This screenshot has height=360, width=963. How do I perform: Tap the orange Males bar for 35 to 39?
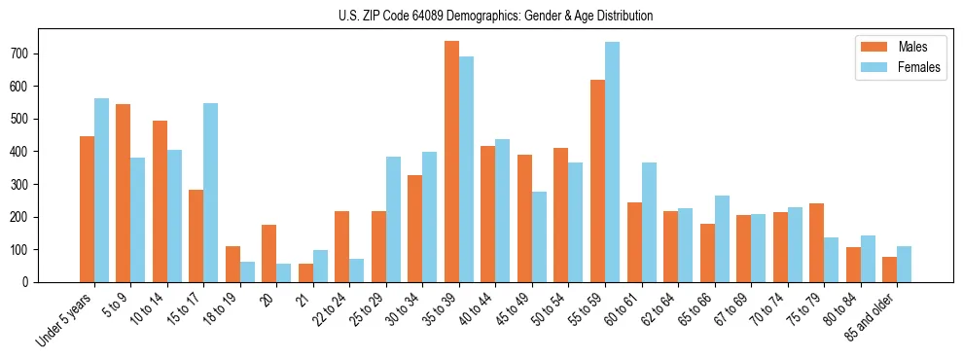(451, 162)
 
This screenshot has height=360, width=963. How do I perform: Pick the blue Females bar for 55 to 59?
(613, 162)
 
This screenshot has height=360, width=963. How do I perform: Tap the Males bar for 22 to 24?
(342, 246)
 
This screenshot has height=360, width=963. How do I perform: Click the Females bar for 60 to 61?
(649, 222)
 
